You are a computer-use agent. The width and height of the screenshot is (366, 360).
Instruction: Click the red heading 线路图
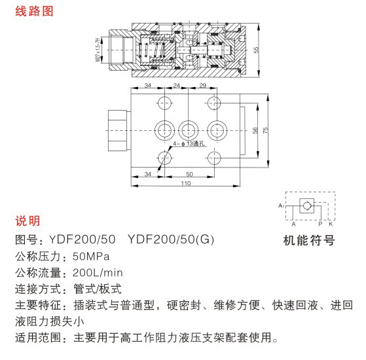[34, 11]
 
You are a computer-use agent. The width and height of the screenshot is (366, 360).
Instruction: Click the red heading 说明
[27, 221]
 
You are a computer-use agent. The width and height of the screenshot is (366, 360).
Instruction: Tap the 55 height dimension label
[256, 50]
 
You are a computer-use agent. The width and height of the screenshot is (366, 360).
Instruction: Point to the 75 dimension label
[265, 130]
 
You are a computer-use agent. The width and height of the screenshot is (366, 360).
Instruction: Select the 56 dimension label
[255, 130]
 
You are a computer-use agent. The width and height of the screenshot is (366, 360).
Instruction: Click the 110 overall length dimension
[186, 183]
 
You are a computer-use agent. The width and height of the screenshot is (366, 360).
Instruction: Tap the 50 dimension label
[189, 174]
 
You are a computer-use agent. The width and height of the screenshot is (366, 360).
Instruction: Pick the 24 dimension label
[177, 85]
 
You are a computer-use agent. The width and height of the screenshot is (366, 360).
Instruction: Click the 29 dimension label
[203, 85]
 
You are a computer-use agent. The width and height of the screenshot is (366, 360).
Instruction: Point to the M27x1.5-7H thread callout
[98, 50]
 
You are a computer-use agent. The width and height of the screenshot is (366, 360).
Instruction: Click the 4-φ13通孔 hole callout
[189, 143]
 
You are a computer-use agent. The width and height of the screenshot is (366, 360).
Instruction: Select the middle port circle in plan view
[189, 130]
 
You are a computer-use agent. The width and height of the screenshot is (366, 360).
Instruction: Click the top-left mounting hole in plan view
[165, 103]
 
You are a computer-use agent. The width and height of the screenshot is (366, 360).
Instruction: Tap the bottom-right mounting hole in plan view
[214, 158]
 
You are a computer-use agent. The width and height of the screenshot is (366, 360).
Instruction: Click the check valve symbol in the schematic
[306, 206]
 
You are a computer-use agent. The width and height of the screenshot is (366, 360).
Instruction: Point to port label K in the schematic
[331, 225]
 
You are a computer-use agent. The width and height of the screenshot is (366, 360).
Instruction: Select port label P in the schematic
[320, 225]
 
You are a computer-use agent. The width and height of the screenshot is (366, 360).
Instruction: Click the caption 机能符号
[309, 240]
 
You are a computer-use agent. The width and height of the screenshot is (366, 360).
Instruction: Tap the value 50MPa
[91, 257]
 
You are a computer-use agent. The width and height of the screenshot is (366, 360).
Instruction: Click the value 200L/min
[98, 273]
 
